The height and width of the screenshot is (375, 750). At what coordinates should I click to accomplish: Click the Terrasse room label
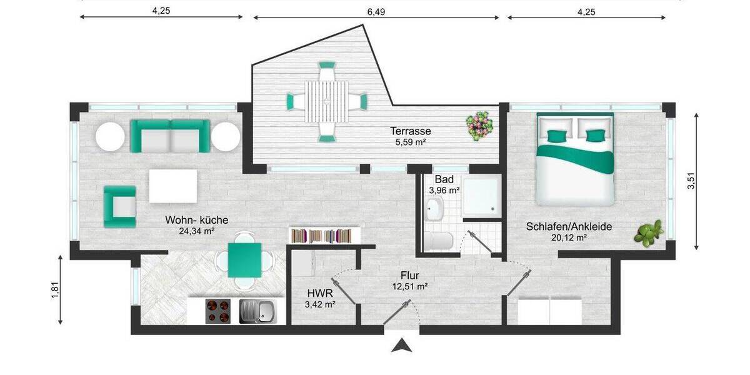click(411, 131)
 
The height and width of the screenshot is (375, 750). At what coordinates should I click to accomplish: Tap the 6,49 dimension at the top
click(376, 11)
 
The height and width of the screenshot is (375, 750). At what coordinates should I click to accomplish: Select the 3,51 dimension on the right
click(691, 181)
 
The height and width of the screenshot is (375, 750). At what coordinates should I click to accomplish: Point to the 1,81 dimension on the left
click(54, 289)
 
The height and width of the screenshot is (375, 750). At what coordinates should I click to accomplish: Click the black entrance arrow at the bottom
click(402, 345)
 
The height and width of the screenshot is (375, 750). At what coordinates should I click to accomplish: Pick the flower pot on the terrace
click(480, 124)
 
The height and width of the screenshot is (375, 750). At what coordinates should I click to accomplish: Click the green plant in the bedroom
click(648, 233)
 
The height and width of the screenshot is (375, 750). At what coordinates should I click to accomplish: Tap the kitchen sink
click(257, 311)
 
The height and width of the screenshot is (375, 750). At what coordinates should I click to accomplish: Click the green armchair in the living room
click(120, 206)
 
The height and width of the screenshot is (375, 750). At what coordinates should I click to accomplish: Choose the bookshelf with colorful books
click(324, 236)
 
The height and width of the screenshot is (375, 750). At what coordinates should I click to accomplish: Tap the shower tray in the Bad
click(482, 196)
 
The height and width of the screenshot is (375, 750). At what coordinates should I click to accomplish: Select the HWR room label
click(319, 292)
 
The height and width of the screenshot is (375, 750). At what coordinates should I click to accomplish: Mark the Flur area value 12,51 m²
click(409, 287)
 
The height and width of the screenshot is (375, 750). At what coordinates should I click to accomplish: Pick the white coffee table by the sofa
click(172, 186)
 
